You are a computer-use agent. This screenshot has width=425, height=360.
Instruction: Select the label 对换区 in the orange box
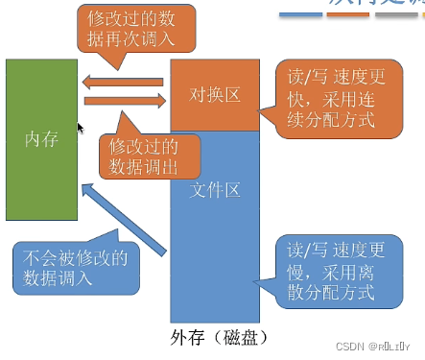[215, 96]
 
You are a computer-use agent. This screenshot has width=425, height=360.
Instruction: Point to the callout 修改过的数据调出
[150, 154]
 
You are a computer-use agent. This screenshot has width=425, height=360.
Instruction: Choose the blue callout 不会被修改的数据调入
[76, 267]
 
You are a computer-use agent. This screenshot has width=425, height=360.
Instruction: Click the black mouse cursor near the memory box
[81, 128]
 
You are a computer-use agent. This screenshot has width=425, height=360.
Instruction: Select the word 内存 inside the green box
[41, 138]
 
